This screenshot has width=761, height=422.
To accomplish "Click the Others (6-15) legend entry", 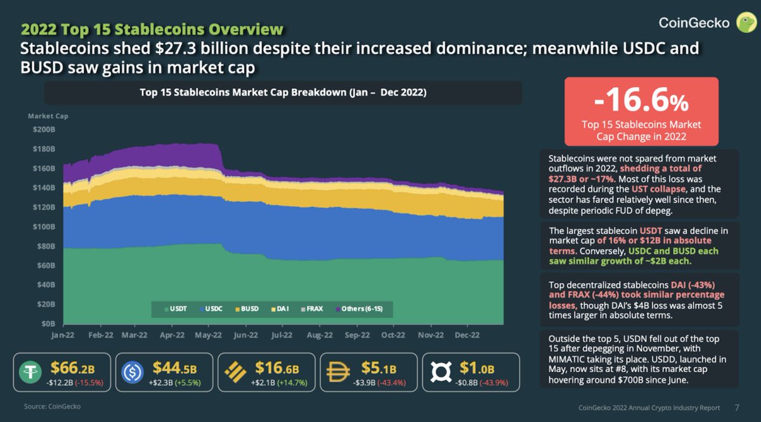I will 361,309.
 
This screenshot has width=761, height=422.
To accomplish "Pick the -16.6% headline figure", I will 641,101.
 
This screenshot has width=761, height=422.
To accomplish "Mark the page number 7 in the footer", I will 736,407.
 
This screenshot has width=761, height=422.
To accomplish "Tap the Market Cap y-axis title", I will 48,116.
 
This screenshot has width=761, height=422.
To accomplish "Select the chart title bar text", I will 282,93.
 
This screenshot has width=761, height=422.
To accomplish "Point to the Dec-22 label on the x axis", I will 466,335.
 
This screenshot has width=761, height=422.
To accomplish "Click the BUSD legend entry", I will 248,309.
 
